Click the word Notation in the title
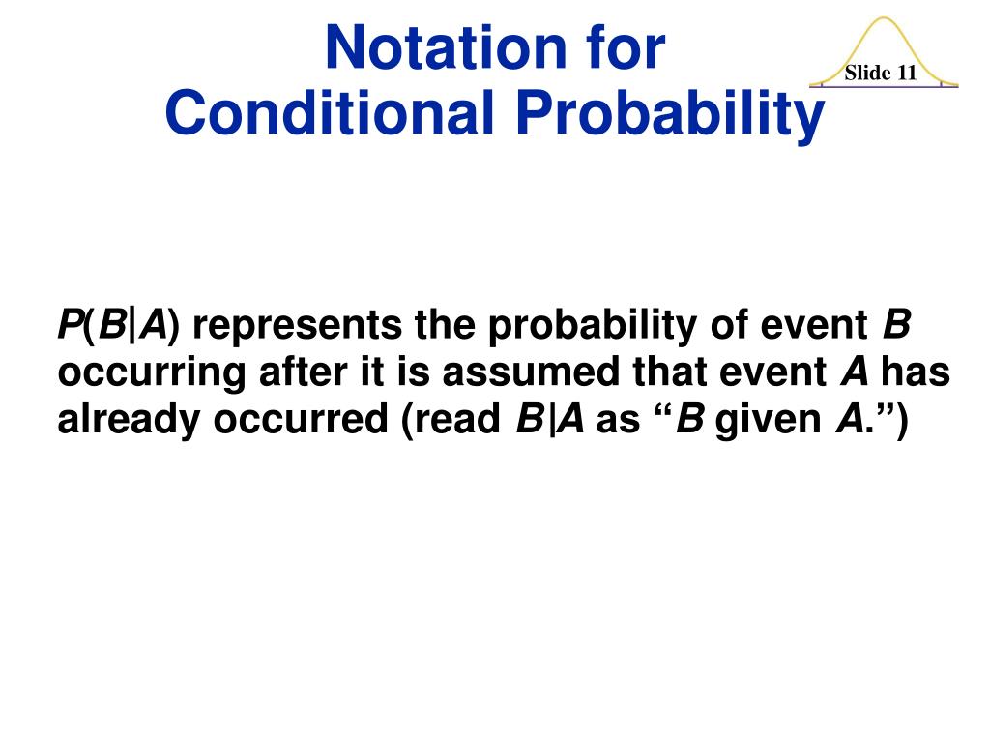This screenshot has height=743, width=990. [446, 47]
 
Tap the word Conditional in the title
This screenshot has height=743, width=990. [329, 112]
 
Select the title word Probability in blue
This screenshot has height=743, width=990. [670, 115]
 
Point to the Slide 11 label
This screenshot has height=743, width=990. [880, 73]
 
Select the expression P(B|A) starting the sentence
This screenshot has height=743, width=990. [119, 326]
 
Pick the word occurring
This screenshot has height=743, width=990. [152, 373]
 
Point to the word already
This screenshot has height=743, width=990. [130, 420]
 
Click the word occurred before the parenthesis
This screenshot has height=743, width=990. [301, 420]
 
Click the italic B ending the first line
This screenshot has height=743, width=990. [896, 324]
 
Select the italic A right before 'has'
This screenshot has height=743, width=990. [855, 371]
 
